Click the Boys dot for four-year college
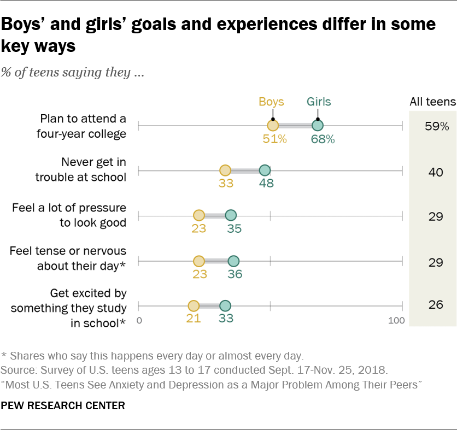tap(273, 126)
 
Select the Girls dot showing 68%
tap(318, 126)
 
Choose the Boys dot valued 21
tap(194, 306)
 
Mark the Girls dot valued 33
tap(225, 306)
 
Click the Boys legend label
tap(272, 102)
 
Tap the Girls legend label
tap(318, 102)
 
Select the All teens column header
tap(432, 102)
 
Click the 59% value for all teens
tap(436, 127)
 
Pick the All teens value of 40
tap(435, 172)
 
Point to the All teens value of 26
tap(435, 305)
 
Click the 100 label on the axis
tap(397, 320)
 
